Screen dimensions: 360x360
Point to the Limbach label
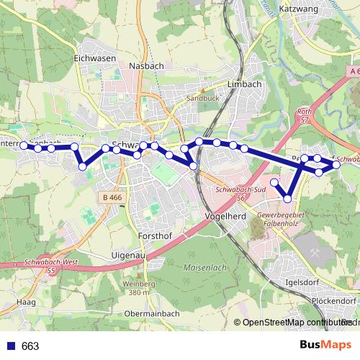click(243, 84)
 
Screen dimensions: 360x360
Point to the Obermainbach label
click(152, 313)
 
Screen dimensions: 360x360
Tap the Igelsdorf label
click(302, 282)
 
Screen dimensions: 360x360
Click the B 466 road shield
click(112, 197)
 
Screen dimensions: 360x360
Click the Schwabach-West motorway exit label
click(51, 264)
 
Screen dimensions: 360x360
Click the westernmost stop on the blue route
click(24, 145)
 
